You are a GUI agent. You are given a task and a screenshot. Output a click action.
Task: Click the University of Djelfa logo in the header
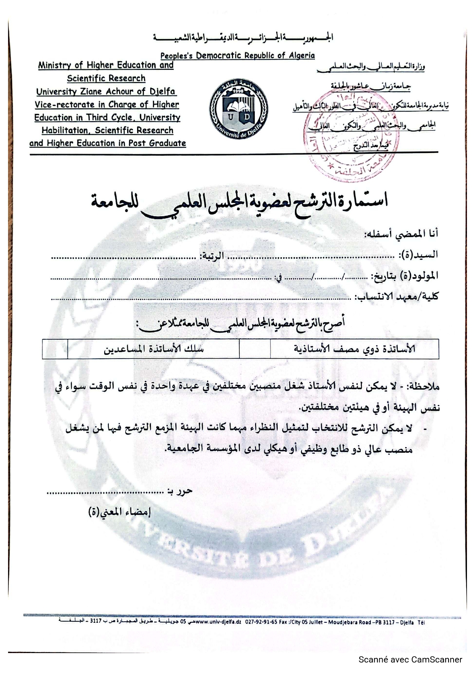238,109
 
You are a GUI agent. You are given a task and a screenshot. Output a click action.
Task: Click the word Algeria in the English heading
301,56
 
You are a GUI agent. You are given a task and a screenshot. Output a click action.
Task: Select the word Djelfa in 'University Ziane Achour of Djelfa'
162,91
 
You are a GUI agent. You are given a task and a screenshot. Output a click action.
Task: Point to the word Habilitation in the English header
64,130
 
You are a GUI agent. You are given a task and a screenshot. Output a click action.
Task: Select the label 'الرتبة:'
210,255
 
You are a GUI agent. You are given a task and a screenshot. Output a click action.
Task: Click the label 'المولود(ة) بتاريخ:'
404,276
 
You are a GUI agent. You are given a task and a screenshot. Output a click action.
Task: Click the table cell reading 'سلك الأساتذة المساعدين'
154,349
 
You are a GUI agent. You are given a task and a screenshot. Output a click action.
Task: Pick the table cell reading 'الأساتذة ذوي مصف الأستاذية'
354,349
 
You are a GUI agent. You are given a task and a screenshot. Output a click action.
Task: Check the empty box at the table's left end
55,349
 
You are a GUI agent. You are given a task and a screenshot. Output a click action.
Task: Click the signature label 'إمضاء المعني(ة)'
120,512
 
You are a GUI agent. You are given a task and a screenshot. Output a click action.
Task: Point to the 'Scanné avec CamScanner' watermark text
410,659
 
